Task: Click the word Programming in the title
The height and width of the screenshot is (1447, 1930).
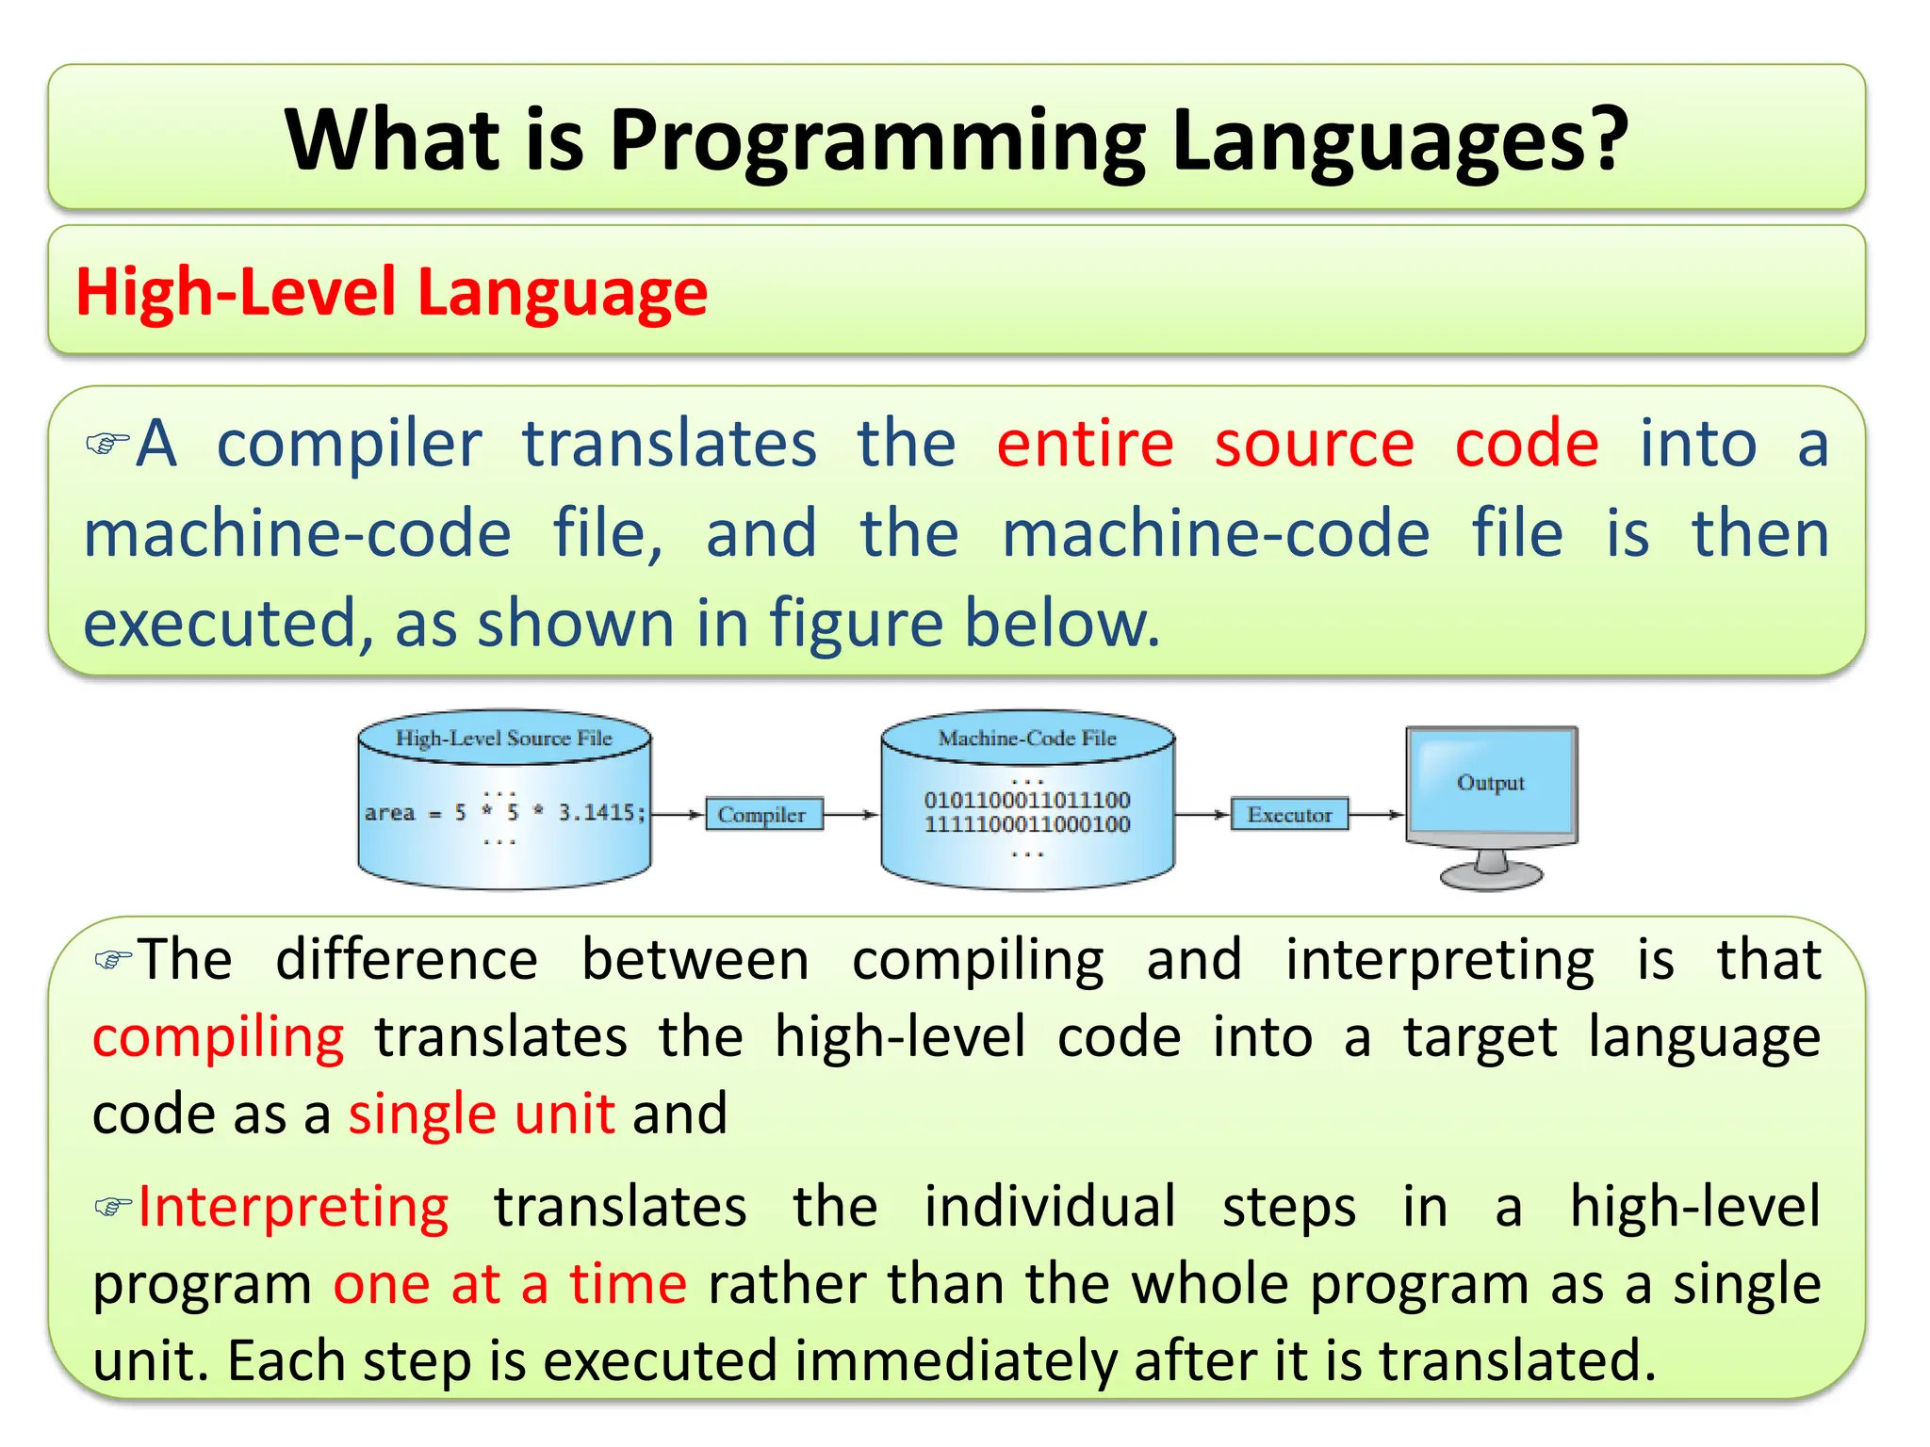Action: pyautogui.click(x=876, y=141)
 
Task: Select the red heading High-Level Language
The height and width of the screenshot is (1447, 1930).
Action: pyautogui.click(x=391, y=292)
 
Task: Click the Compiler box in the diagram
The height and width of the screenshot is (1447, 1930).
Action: pyautogui.click(x=762, y=815)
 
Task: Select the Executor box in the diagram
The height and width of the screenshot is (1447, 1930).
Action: pyautogui.click(x=1289, y=815)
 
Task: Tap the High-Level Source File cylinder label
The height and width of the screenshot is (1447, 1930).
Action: pyautogui.click(x=504, y=739)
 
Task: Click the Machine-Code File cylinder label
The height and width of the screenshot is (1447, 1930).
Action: pyautogui.click(x=1027, y=739)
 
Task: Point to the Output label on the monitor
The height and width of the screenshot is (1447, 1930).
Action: pyautogui.click(x=1490, y=783)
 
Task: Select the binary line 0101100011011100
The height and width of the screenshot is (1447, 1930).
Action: pyautogui.click(x=1027, y=800)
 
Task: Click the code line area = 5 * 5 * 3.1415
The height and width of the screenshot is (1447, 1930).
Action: pyautogui.click(x=505, y=812)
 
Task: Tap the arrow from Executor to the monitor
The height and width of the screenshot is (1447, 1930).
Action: pyautogui.click(x=1378, y=815)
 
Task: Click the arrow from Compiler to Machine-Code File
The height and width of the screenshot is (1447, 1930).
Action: pyautogui.click(x=851, y=815)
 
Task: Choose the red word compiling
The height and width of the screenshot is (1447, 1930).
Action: pyautogui.click(x=219, y=1038)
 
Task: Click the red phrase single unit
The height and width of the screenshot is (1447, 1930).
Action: pyautogui.click(x=482, y=1114)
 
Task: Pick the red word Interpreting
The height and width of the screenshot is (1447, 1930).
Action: pyautogui.click(x=294, y=1207)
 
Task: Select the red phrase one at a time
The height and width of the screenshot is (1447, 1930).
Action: pyautogui.click(x=510, y=1284)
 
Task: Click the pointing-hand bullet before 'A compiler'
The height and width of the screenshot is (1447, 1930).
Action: pyautogui.click(x=106, y=443)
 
